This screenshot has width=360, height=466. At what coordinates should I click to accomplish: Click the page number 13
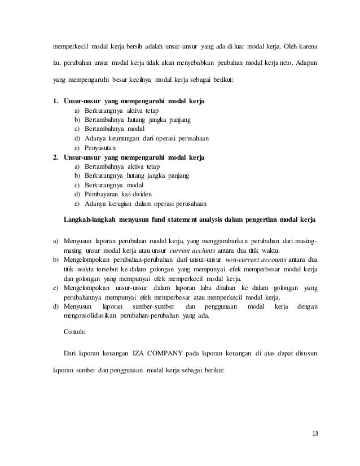[314, 433]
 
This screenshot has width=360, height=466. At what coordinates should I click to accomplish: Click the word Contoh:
[75, 333]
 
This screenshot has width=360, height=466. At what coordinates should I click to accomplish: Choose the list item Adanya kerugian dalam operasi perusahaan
[145, 203]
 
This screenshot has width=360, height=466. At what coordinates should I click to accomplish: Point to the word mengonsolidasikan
[96, 315]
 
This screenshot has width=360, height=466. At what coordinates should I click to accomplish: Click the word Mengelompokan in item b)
[87, 260]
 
